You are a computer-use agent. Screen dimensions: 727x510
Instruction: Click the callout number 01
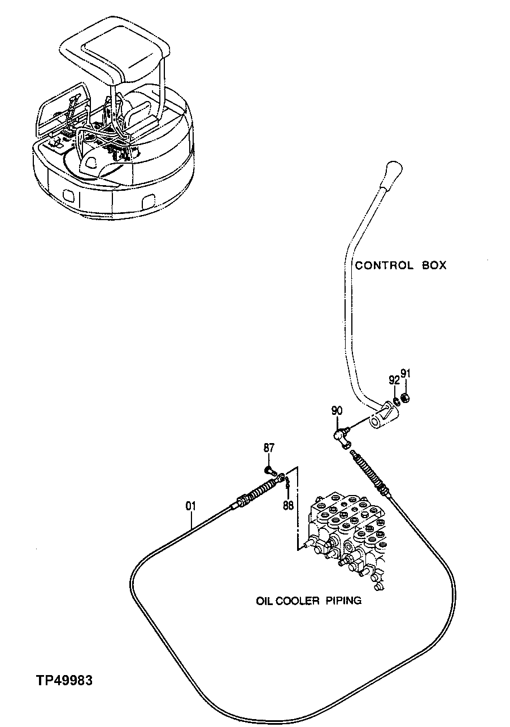point(190,506)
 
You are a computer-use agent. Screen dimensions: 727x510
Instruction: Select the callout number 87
point(269,448)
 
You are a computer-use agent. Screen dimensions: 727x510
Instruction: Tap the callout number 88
point(288,505)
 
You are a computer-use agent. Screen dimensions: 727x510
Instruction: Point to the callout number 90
point(337,411)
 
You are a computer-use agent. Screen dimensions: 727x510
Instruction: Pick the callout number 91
point(406,373)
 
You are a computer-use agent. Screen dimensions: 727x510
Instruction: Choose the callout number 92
point(394,380)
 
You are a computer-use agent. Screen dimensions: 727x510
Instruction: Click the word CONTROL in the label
point(384,265)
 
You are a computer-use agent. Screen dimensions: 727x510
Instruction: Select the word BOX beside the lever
point(434,265)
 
